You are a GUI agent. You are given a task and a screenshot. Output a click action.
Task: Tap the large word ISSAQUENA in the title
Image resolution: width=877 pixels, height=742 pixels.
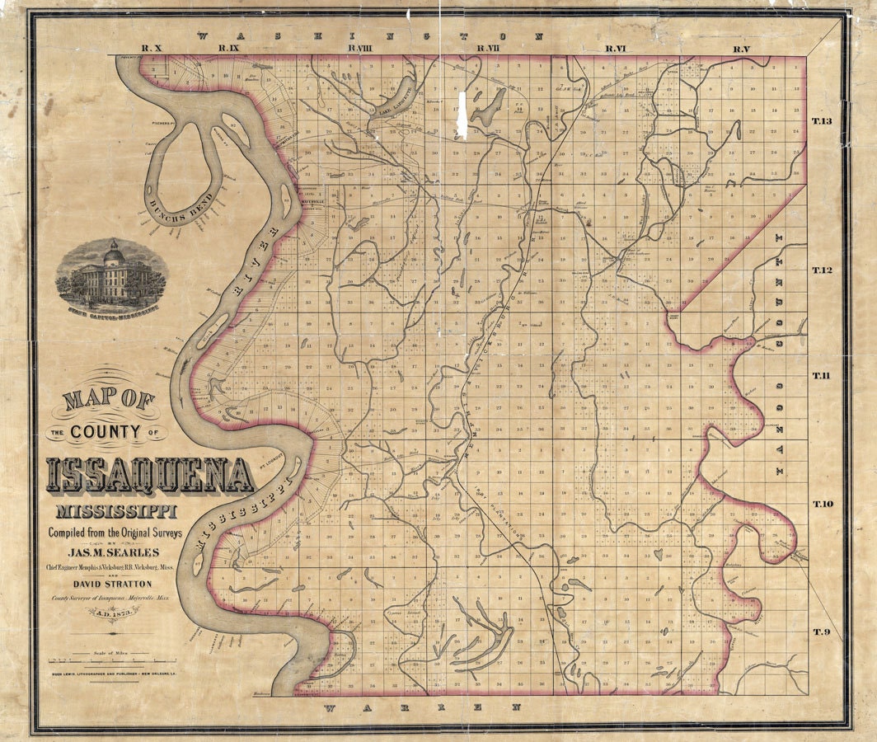pyautogui.click(x=150, y=476)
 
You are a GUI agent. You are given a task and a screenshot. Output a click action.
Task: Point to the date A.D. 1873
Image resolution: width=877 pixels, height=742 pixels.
pyautogui.click(x=112, y=611)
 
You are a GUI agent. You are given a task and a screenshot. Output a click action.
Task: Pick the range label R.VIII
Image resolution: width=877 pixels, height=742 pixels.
pyautogui.click(x=359, y=49)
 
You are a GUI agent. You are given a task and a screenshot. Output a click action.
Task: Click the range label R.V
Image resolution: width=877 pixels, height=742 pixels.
pyautogui.click(x=742, y=49)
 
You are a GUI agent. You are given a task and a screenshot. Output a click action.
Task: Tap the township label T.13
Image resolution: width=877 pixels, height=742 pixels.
pyautogui.click(x=823, y=122)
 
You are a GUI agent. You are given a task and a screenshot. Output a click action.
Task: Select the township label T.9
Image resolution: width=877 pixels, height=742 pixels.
pyautogui.click(x=823, y=632)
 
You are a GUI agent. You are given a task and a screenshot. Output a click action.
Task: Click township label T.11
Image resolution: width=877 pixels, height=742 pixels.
pyautogui.click(x=823, y=376)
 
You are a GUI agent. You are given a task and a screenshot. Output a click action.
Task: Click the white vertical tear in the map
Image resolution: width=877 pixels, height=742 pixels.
pyautogui.click(x=462, y=115)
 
